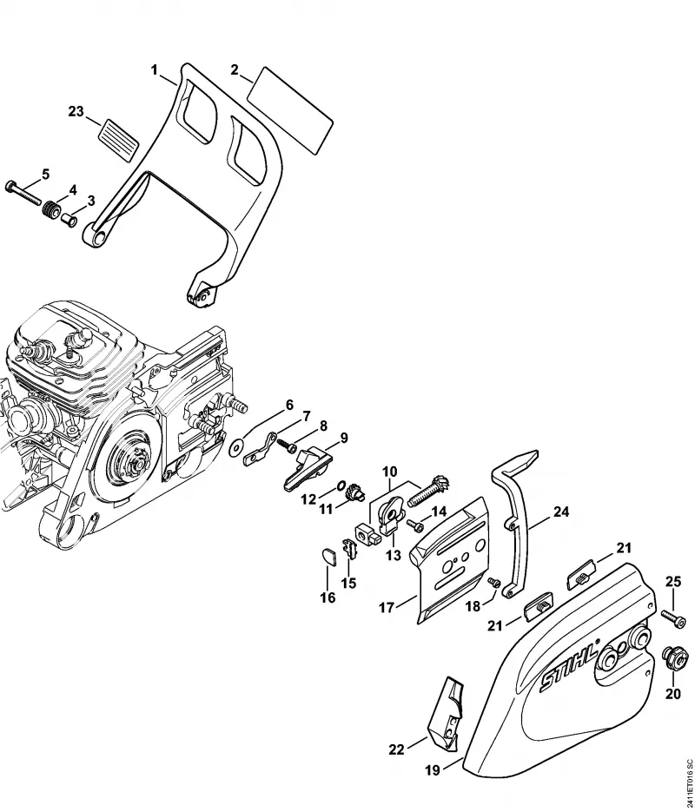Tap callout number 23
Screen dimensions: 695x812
[76, 111]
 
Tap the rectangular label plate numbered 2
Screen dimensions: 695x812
[289, 110]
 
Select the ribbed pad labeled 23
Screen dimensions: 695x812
[119, 138]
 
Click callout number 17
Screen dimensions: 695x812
[387, 607]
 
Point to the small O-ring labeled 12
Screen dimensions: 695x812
[341, 485]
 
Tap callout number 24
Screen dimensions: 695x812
[561, 512]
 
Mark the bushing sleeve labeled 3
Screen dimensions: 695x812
[69, 220]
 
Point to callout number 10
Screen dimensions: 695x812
[389, 472]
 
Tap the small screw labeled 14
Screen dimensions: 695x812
[415, 525]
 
